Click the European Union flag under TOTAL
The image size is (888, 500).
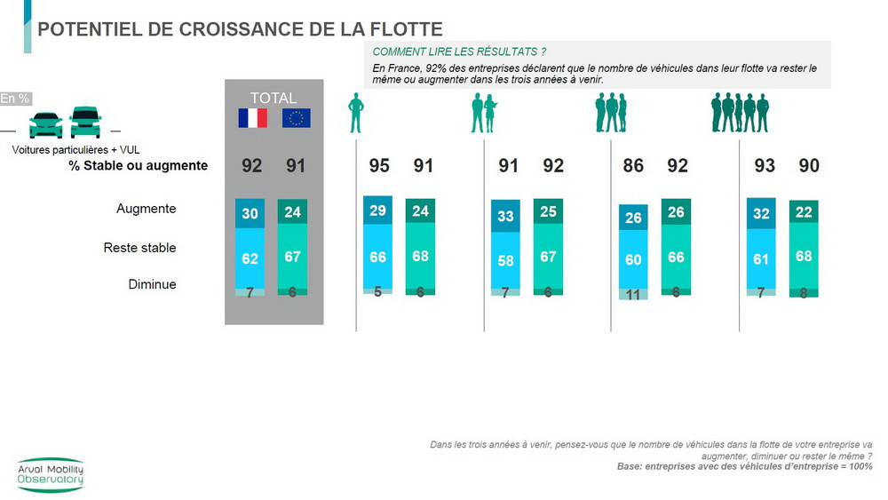(x=297, y=118)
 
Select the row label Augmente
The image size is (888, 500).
(x=147, y=209)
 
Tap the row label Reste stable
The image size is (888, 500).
(x=139, y=248)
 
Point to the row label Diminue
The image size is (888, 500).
(x=153, y=284)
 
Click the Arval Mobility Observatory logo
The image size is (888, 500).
(x=51, y=475)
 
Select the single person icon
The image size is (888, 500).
(x=356, y=113)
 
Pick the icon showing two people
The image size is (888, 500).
(x=484, y=114)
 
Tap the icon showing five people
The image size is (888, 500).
(x=739, y=113)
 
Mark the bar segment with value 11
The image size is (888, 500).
(x=633, y=294)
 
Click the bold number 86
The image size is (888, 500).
(x=633, y=165)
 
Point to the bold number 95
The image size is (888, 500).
(x=378, y=165)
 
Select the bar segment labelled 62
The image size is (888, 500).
(x=250, y=258)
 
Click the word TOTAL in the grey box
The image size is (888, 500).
(x=274, y=98)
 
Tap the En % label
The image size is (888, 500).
(x=14, y=99)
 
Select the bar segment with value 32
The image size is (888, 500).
(x=762, y=213)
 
